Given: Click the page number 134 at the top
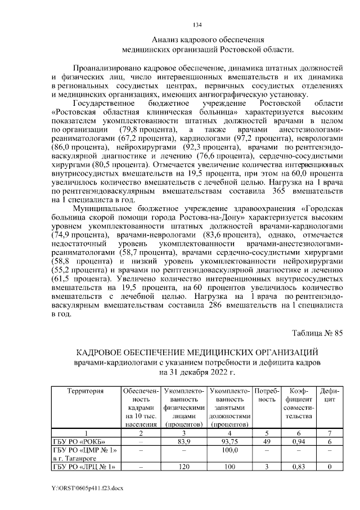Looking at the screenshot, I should click(x=197, y=25).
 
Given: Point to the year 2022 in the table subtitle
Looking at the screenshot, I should click(x=214, y=372).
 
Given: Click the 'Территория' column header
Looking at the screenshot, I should click(x=85, y=391).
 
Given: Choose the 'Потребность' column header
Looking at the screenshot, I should click(x=264, y=395).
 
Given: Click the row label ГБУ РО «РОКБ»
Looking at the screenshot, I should click(x=78, y=441).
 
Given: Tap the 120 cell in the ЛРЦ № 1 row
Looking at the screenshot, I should click(x=182, y=466).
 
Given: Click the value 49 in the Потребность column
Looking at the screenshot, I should click(x=264, y=441).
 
